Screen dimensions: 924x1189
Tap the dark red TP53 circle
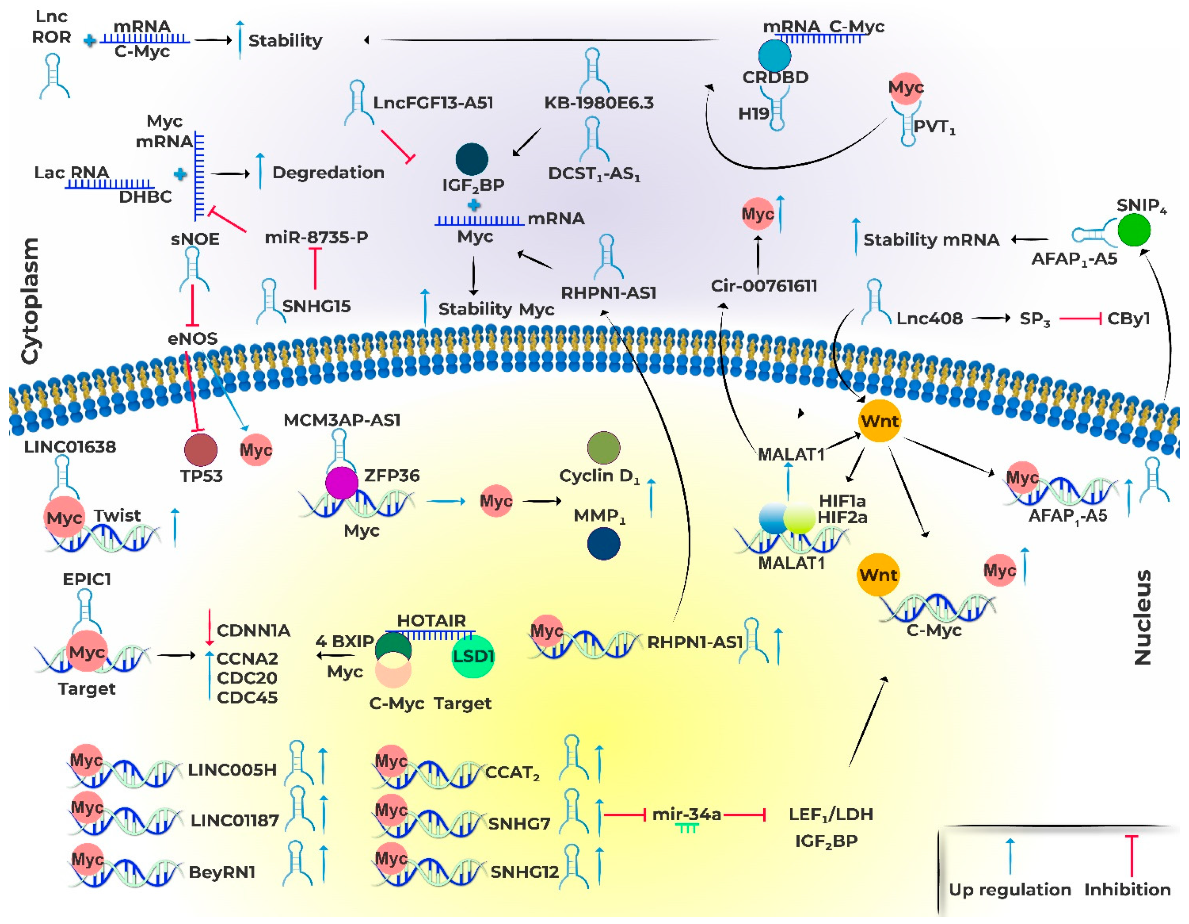tap(201, 450)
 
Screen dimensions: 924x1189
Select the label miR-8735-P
tap(316, 237)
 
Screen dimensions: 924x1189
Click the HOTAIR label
tap(431, 620)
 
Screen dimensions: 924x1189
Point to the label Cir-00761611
tap(764, 286)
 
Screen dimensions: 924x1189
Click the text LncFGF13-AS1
tap(433, 103)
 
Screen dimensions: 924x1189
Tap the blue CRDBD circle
tap(774, 55)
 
